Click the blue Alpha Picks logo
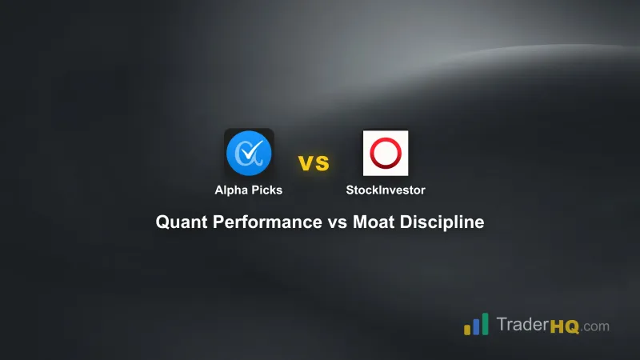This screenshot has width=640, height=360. (x=249, y=153)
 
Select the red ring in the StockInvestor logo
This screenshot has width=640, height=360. (x=386, y=153)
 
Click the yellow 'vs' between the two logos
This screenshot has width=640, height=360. (x=314, y=163)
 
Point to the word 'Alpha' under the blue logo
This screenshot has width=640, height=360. (x=230, y=190)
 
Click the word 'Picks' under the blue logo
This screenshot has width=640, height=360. (x=266, y=190)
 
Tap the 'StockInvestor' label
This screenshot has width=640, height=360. (x=386, y=190)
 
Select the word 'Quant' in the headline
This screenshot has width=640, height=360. (x=181, y=222)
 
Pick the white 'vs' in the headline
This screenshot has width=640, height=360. (x=337, y=222)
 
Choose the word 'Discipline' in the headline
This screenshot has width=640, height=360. (x=444, y=222)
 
